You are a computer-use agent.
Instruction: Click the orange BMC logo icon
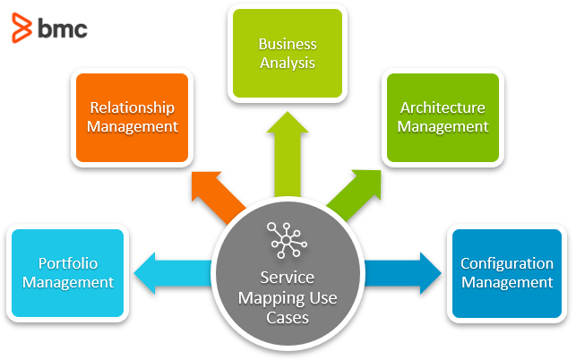pyautogui.click(x=21, y=28)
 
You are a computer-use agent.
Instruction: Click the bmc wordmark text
pyautogui.click(x=62, y=28)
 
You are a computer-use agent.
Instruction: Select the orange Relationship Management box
pyautogui.click(x=133, y=116)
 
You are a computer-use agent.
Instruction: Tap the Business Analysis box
pyautogui.click(x=287, y=53)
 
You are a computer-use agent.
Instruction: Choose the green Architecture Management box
pyautogui.click(x=443, y=116)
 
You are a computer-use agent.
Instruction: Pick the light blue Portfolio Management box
pyautogui.click(x=67, y=272)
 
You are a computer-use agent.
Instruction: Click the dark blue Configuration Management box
pyautogui.click(x=506, y=272)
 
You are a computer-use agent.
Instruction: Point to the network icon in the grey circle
pyautogui.click(x=287, y=238)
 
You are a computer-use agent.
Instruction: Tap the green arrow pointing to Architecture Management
pyautogui.click(x=357, y=188)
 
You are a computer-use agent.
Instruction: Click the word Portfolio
pyautogui.click(x=67, y=263)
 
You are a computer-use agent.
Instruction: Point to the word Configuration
pyautogui.click(x=506, y=263)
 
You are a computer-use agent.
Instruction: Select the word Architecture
pyautogui.click(x=443, y=107)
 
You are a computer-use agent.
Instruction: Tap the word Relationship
pyautogui.click(x=133, y=107)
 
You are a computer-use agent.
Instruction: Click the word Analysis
pyautogui.click(x=287, y=63)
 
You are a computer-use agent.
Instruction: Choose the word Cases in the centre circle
pyautogui.click(x=287, y=317)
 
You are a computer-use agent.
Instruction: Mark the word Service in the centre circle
pyautogui.click(x=287, y=279)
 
